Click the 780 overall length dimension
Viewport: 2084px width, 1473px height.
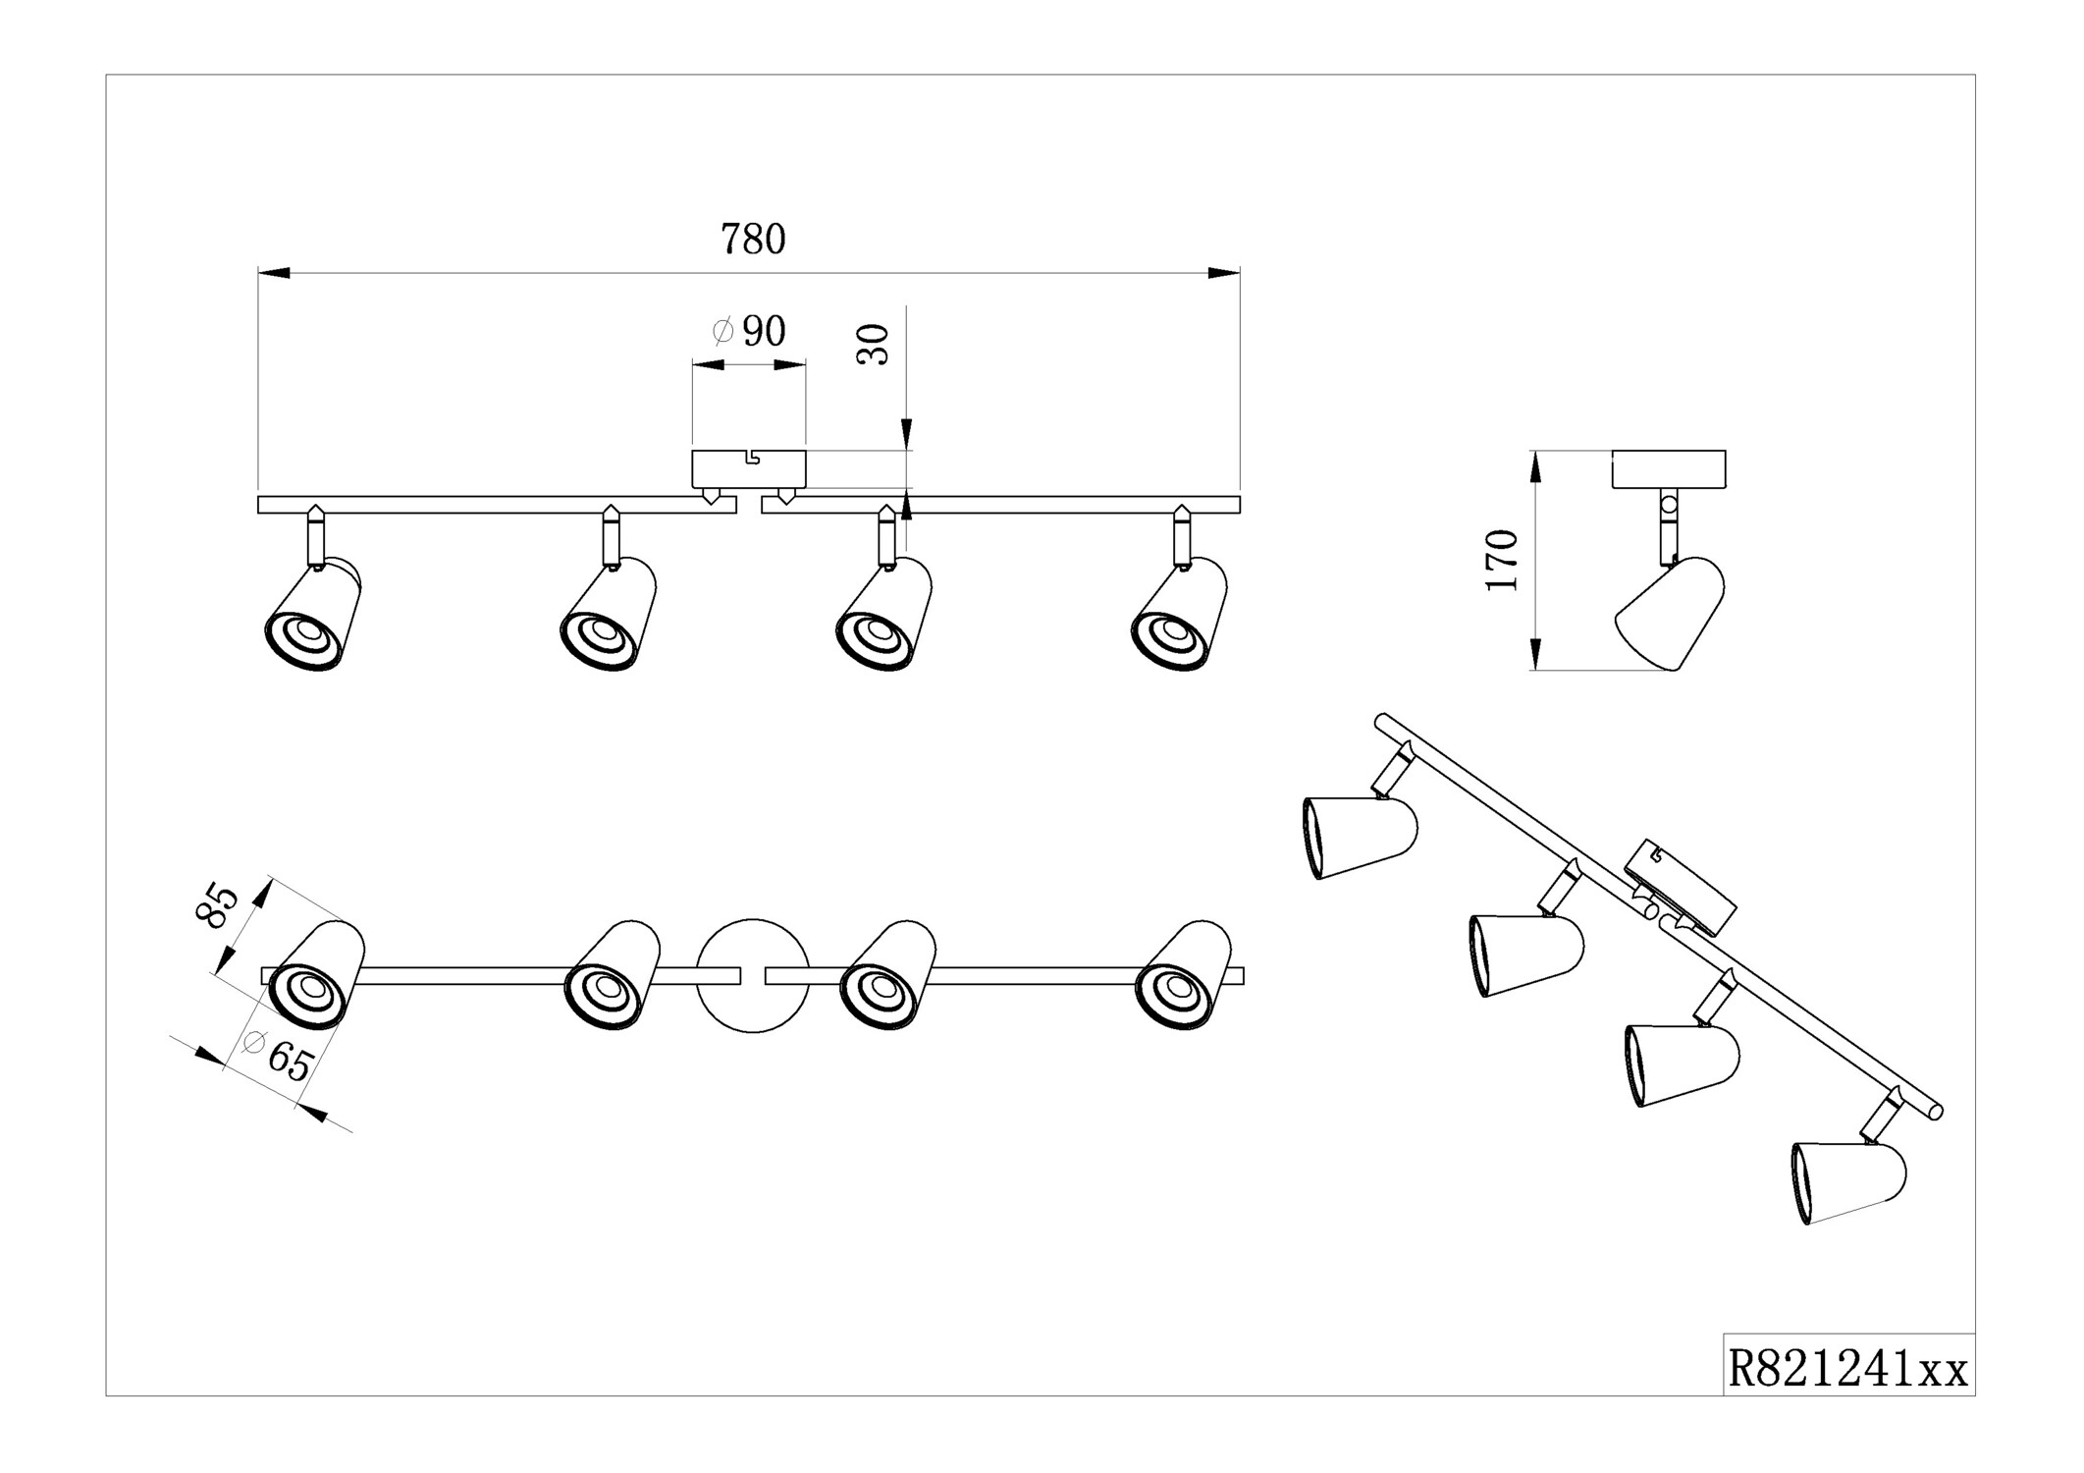[x=753, y=240]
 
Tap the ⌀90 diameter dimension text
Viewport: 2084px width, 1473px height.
[x=750, y=332]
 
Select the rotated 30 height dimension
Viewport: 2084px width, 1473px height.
[x=873, y=344]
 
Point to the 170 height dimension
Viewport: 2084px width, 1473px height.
[x=1502, y=560]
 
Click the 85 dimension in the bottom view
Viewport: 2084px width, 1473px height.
[x=218, y=905]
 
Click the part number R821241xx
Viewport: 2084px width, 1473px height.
[x=1847, y=1369]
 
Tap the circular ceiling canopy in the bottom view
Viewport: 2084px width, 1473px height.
[x=753, y=975]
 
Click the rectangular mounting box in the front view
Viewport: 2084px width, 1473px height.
[x=749, y=469]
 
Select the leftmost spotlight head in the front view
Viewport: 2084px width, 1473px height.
[x=313, y=616]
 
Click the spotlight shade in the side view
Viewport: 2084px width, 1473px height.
[x=1670, y=614]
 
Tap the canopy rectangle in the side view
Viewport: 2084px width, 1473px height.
[x=1669, y=469]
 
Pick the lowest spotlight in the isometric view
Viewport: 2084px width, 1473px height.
[x=1848, y=1180]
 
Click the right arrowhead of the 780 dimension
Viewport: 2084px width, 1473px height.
[x=1225, y=273]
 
